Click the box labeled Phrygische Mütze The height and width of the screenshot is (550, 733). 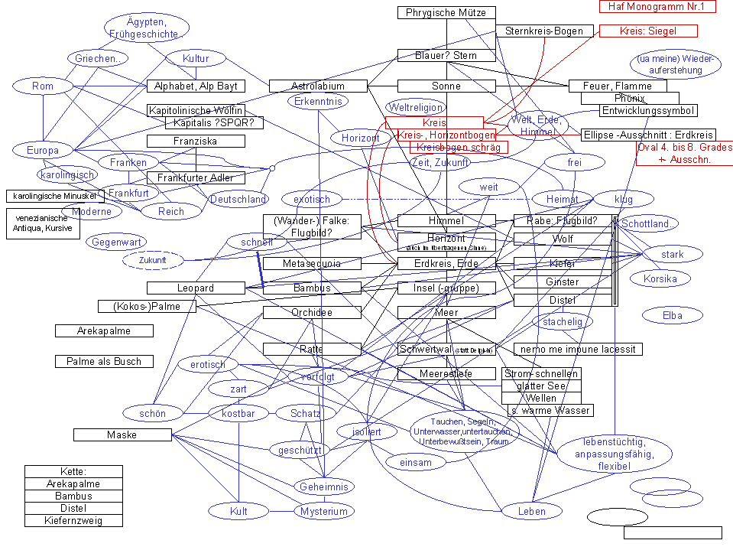[446, 12]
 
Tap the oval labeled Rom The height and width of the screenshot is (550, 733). [43, 86]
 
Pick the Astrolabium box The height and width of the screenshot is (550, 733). [318, 86]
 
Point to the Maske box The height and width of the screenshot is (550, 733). [122, 435]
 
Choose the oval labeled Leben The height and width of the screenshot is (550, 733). [531, 511]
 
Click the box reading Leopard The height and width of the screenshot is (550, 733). [196, 288]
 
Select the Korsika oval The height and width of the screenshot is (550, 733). [660, 278]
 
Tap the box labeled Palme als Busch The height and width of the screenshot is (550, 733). [104, 361]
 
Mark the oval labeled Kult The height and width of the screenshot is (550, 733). [238, 511]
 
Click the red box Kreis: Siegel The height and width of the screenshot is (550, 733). [648, 31]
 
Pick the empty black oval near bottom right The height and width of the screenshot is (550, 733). [618, 517]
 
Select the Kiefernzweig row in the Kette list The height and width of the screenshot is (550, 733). [73, 521]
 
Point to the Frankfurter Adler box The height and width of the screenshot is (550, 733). [196, 178]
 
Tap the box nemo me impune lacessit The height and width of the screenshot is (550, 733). [578, 350]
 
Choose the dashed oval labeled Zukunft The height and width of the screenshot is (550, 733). [152, 260]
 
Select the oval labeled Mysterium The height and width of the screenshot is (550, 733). [324, 511]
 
